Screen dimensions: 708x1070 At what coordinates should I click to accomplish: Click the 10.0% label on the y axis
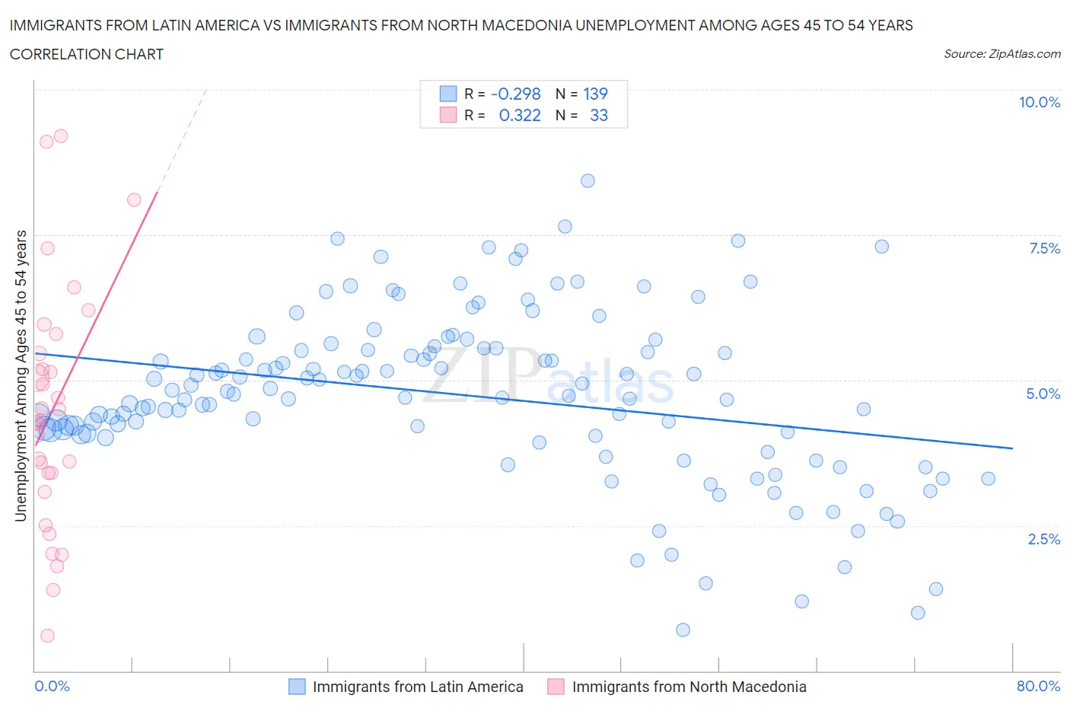click(x=1039, y=102)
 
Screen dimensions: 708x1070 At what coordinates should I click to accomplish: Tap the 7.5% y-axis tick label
click(x=1043, y=248)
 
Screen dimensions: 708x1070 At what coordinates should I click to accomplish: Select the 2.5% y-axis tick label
click(x=1043, y=539)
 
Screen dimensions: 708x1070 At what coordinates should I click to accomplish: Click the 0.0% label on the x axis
click(x=52, y=686)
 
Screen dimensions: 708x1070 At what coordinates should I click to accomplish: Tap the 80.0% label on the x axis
click(x=1038, y=686)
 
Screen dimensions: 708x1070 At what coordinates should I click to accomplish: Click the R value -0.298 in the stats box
click(x=515, y=94)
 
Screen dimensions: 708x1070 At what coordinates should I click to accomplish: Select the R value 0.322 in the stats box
click(x=520, y=115)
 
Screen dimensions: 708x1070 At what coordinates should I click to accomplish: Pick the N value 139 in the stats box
click(x=595, y=94)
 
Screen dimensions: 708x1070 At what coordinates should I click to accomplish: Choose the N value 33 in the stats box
click(x=599, y=115)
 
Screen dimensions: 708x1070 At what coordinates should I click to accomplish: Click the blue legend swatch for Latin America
click(x=297, y=687)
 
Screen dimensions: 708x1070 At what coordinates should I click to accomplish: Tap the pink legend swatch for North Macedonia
click(x=556, y=687)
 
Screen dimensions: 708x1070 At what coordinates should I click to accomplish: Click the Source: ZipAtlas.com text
click(x=1002, y=53)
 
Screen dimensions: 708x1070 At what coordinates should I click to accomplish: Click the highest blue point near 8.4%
click(x=588, y=180)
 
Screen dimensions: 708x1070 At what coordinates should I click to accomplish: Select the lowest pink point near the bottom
click(x=47, y=636)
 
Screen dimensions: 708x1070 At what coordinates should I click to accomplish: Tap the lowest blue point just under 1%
click(x=683, y=630)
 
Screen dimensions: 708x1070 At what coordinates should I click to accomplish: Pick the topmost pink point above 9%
click(x=61, y=136)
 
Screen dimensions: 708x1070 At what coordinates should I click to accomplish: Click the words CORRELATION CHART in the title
click(x=87, y=54)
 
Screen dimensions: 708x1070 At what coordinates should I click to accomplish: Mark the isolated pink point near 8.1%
click(x=134, y=199)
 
